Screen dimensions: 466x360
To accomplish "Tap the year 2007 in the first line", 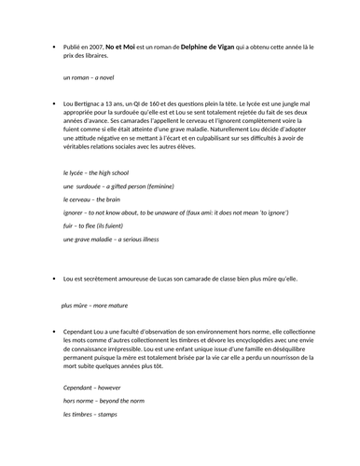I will pos(95,45).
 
